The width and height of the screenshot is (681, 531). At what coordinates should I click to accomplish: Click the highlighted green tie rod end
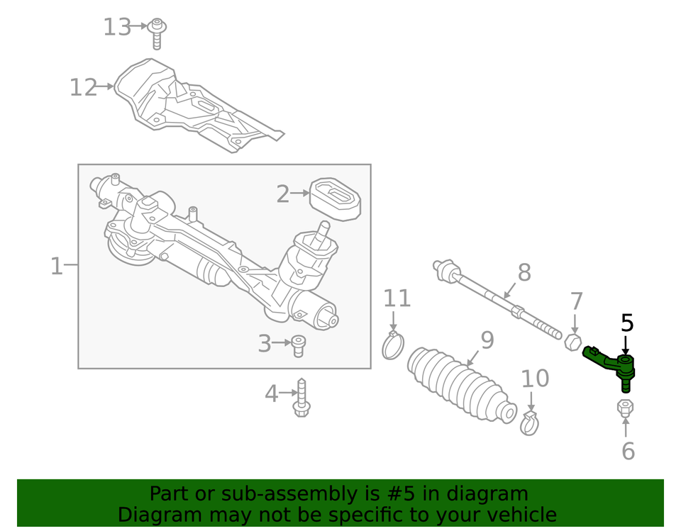pos(611,364)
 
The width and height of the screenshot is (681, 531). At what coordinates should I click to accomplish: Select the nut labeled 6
pos(626,408)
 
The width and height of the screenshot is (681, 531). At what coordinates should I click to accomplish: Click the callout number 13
pos(117,28)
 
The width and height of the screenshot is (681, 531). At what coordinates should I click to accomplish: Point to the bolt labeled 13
pos(157,33)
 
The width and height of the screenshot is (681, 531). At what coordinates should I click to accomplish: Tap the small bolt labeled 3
pos(299,345)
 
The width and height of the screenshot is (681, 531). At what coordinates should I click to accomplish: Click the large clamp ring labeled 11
pos(393,345)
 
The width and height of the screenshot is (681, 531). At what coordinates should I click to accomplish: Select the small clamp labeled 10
pos(529,423)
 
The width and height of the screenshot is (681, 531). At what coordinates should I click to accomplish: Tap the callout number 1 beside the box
pos(57,267)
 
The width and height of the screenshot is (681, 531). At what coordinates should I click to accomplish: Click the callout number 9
pos(487,340)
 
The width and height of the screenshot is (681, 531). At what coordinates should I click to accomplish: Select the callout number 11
pos(397,298)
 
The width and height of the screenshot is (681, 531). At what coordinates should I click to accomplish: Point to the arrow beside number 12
pos(106,86)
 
